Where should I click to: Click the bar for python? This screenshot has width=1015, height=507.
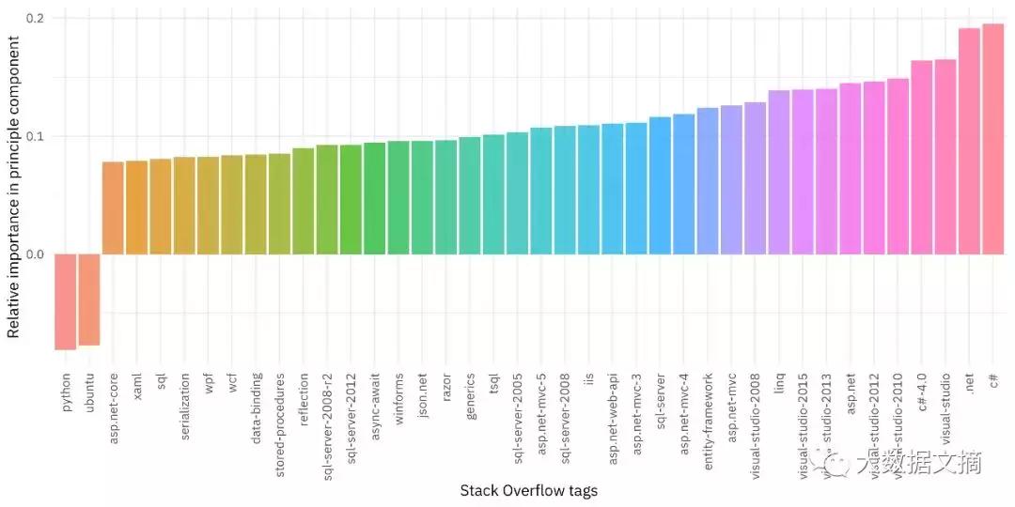click(66, 301)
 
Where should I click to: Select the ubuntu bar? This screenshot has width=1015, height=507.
click(89, 300)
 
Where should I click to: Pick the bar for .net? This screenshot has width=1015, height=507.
click(969, 141)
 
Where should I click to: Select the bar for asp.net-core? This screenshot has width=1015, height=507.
click(113, 207)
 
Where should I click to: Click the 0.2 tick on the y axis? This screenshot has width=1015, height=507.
click(37, 18)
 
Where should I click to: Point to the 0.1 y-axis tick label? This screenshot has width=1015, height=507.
click(37, 136)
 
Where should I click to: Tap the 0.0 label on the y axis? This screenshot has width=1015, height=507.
click(37, 254)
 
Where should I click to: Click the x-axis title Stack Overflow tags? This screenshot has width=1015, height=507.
click(528, 490)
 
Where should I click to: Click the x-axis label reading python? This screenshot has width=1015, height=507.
click(67, 392)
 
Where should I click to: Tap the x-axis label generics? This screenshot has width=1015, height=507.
click(470, 396)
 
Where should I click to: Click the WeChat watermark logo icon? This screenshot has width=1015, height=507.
click(832, 462)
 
